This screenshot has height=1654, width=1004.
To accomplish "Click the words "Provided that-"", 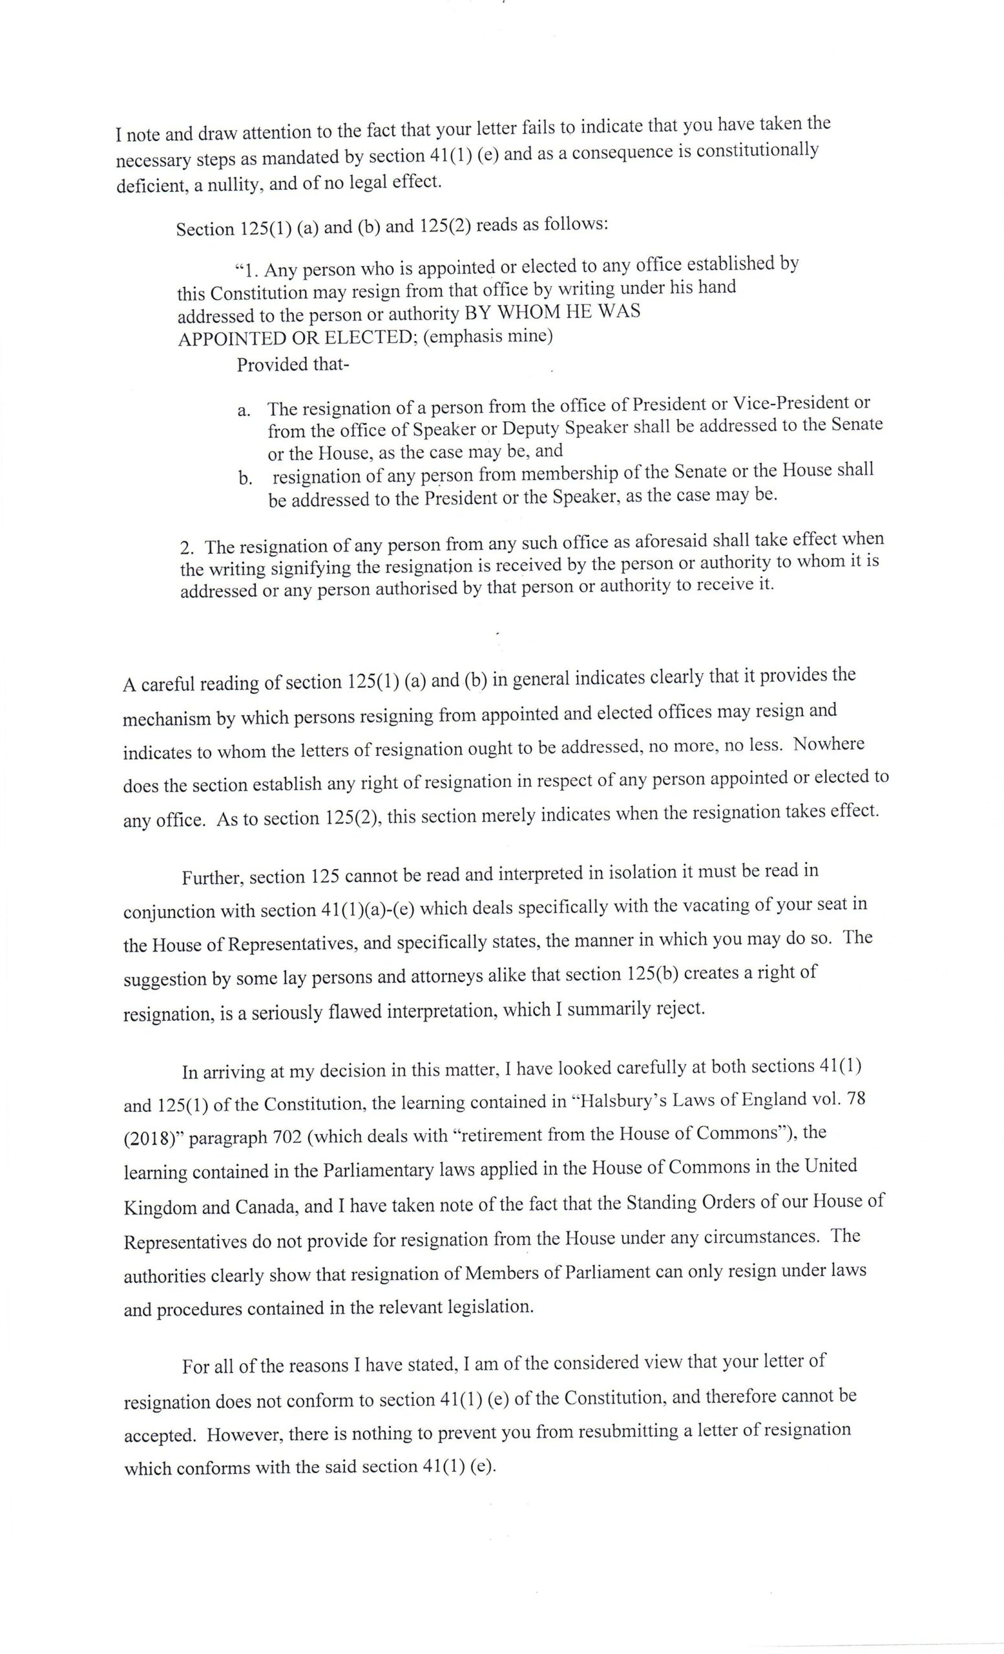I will coord(293,364).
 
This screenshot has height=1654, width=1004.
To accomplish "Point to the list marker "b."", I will coord(244,479).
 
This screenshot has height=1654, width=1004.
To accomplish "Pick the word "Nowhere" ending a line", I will coord(828,744).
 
